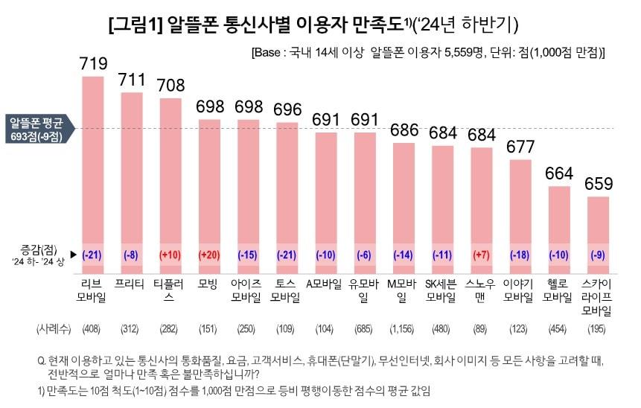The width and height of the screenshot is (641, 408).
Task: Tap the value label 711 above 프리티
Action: [132, 80]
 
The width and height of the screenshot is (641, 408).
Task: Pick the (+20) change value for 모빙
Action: [209, 255]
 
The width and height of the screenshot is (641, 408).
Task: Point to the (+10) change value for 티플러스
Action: [170, 255]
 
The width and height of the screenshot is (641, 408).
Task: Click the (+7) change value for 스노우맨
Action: [480, 255]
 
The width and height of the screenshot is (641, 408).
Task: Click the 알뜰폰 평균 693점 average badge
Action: [35, 128]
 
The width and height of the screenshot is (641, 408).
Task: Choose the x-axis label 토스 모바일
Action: [287, 291]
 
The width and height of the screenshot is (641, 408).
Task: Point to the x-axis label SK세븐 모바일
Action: [441, 291]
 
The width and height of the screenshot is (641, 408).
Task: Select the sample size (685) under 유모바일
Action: [364, 328]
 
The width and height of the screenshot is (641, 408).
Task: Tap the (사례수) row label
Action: [52, 328]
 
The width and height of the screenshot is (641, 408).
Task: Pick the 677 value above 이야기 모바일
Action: [519, 147]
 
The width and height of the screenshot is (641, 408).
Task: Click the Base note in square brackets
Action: [428, 54]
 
